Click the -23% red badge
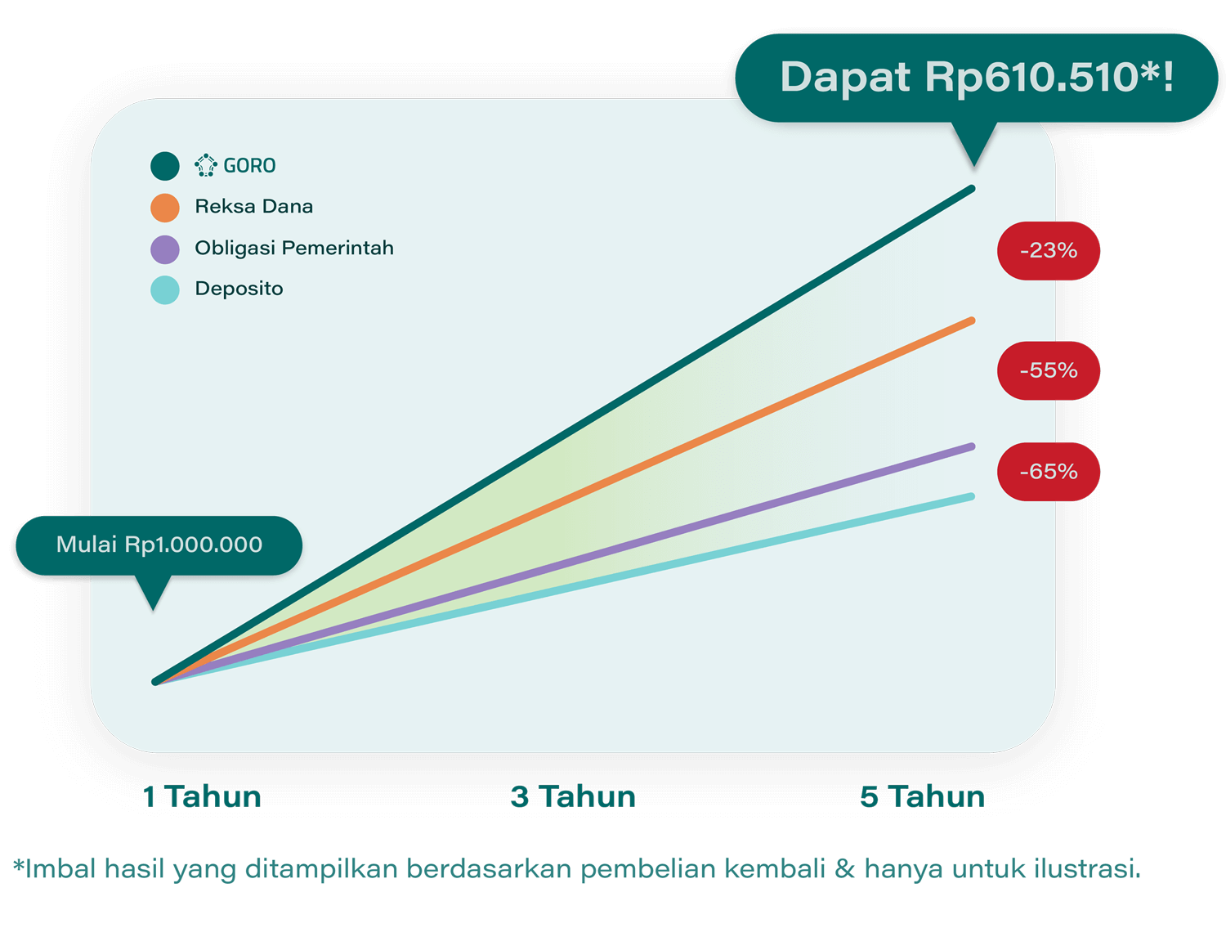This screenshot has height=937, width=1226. [1048, 251]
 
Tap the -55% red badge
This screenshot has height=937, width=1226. [1048, 370]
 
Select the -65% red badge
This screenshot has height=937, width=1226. [1048, 472]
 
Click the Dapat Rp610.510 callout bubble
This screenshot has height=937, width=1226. [976, 78]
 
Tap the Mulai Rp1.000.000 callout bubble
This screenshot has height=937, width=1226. [159, 545]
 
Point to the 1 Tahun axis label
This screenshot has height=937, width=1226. [202, 796]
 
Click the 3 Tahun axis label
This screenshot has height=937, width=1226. [573, 796]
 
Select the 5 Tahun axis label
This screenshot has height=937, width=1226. [922, 796]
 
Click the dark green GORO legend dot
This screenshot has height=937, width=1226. [165, 166]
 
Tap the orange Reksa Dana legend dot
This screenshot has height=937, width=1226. [165, 208]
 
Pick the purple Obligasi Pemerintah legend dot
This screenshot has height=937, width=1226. [165, 249]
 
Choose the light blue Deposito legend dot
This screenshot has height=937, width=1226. [165, 290]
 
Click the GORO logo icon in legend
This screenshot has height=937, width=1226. [205, 165]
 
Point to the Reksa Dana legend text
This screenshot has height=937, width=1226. [253, 207]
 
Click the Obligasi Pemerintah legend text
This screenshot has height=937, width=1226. [294, 248]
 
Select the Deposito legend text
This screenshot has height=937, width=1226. [239, 289]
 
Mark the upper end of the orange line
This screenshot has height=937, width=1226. [971, 321]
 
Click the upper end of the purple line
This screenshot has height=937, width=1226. [971, 446]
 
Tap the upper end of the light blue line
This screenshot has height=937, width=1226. [971, 497]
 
